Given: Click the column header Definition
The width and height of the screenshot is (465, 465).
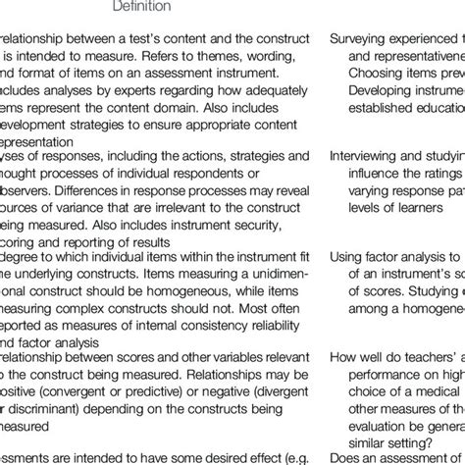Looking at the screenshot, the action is (x=142, y=7).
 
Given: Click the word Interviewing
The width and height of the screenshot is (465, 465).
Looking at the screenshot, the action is (x=368, y=154).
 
